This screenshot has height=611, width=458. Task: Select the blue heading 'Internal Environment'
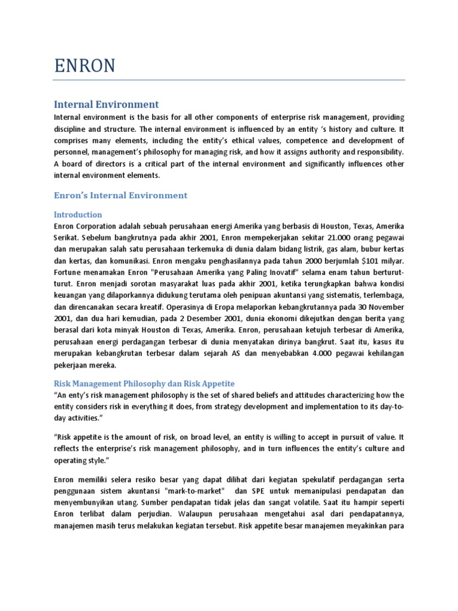(106, 104)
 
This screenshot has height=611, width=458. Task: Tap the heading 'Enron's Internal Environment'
(120, 195)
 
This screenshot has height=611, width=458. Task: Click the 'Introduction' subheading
(78, 214)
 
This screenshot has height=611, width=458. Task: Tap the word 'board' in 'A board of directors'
(76, 163)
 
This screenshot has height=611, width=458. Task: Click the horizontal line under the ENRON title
(229, 79)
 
